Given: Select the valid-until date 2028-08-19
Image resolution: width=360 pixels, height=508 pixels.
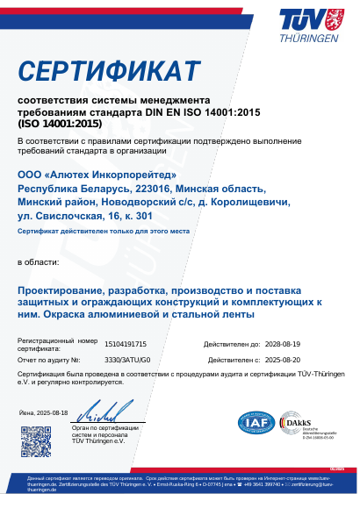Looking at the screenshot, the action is (283, 346).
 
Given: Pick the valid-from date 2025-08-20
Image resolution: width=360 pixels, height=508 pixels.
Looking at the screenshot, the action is (283, 360).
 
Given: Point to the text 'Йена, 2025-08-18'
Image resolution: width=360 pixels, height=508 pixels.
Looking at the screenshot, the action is (43, 412).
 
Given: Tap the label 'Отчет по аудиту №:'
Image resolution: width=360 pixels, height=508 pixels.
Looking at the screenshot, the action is (48, 360).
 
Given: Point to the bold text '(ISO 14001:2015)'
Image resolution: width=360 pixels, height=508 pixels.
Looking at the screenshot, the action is (59, 125).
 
